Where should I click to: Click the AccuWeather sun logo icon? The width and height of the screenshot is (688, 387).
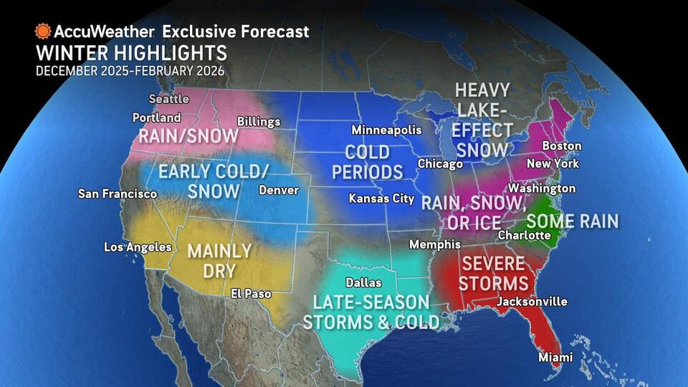coord(43,32)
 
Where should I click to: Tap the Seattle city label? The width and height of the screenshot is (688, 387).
coord(168,99)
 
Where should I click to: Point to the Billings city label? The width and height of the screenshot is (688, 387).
coord(258,121)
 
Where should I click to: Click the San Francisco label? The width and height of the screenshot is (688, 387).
coord(118,194)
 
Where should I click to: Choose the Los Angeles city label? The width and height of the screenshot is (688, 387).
coord(138,247)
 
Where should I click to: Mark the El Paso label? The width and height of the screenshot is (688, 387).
coord(251,293)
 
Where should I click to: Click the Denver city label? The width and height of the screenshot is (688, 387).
coord(278,191)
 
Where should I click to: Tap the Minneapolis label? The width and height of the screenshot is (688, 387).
coord(386,130)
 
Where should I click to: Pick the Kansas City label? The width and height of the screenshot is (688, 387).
coord(381,199)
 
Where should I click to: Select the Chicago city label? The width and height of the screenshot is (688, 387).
coord(440,164)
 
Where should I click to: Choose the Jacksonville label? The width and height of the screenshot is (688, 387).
coord(532,302)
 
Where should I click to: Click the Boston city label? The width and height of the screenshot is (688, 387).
coord(561,146)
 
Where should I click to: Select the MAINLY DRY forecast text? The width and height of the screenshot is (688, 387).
coord(219,262)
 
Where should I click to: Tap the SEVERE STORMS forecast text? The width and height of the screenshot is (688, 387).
coord(493,272)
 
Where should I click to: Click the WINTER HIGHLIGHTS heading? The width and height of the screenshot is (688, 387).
coord(131,53)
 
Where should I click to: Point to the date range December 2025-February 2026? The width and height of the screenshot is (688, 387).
coord(130,71)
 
